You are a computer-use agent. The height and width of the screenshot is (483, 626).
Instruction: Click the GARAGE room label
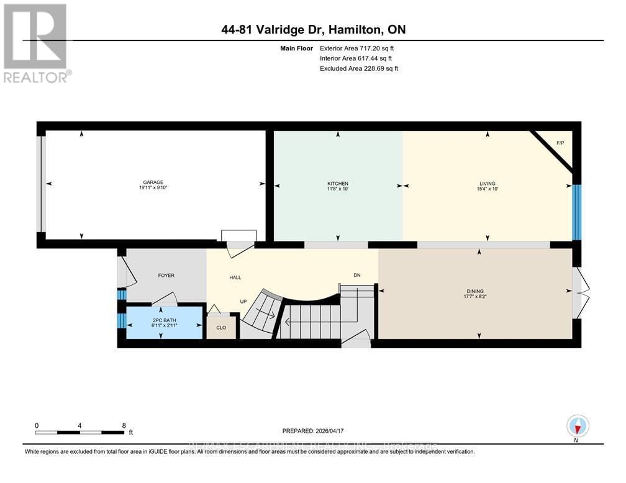coord(152,182)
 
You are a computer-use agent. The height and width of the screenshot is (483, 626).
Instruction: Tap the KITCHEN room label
coord(338,184)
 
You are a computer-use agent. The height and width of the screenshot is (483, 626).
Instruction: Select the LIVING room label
coord(488,184)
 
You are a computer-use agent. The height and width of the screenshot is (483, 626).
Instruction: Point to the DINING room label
coord(475,291)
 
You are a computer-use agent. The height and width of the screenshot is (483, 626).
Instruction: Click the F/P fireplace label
coord(560,143)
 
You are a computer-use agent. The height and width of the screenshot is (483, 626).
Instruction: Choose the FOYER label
coord(166,276)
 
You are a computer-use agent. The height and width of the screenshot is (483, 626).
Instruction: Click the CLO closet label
coord(221,327)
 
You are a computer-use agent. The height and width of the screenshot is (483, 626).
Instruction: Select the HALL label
coord(235,278)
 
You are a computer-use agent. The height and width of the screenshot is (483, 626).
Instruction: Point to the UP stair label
coord(244,302)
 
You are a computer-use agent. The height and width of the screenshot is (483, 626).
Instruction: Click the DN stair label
coord(356,276)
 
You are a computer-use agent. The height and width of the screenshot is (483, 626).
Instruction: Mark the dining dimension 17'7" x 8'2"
coord(475,297)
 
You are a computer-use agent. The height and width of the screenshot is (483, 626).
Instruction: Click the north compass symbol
coord(578,426)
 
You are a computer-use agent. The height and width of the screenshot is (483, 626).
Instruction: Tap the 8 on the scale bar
coord(124,425)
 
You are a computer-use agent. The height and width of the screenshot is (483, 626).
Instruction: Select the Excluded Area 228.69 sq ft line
coord(358,68)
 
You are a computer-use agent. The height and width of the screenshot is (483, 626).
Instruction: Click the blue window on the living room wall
coord(576,212)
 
